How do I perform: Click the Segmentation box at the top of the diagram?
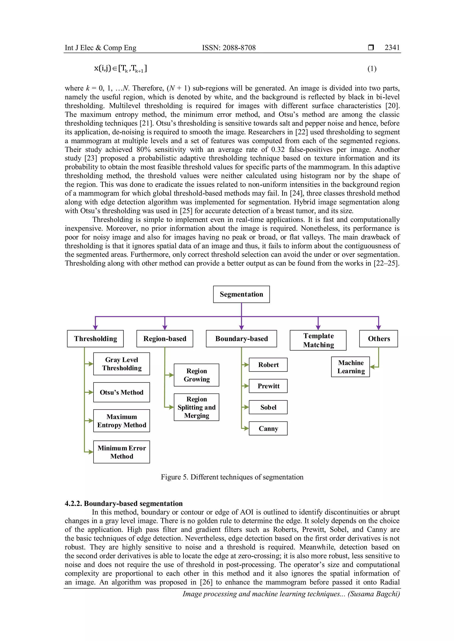tap(241, 294)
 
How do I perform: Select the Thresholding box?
tap(95, 339)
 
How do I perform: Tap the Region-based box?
tap(165, 339)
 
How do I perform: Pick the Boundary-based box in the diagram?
tap(241, 339)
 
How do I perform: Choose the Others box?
tap(379, 339)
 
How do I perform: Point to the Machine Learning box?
tap(350, 367)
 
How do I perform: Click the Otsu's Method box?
tap(122, 392)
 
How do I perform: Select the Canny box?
tap(268, 428)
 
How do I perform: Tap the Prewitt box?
tap(268, 386)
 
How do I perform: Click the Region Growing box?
tap(197, 375)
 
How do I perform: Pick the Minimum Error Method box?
tap(122, 452)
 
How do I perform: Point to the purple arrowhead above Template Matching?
tap(318, 328)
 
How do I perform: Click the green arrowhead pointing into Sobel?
tap(246, 407)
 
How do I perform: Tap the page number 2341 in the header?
tap(392, 48)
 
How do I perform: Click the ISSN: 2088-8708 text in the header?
tap(229, 48)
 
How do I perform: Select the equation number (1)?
tap(372, 69)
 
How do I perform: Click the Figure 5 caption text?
tap(232, 477)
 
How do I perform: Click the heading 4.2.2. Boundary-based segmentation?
tap(123, 503)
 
